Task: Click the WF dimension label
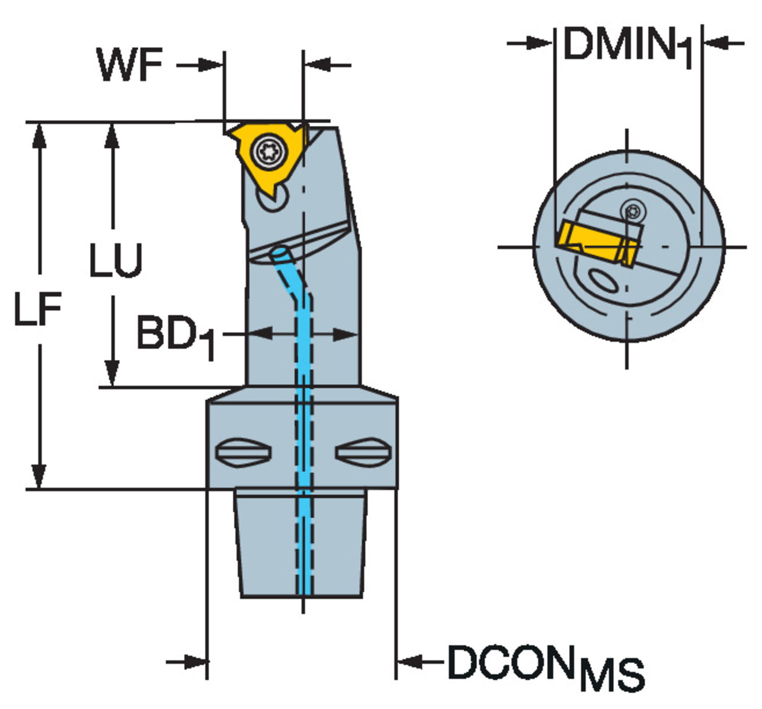(131, 65)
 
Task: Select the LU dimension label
(115, 260)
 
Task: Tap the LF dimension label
(38, 308)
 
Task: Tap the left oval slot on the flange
(243, 452)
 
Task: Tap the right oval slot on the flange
(363, 452)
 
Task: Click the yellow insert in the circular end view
(594, 243)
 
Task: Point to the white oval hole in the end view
(603, 281)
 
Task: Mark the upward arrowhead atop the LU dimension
(112, 134)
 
